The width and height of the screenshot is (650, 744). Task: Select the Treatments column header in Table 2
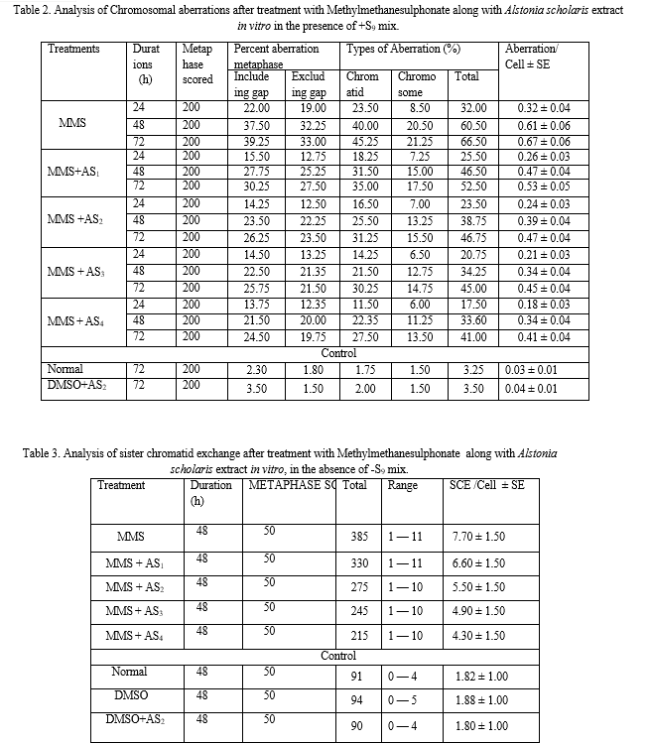pyautogui.click(x=73, y=49)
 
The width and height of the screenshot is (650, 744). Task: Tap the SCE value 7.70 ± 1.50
pyautogui.click(x=477, y=537)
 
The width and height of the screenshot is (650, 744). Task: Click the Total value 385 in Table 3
pyautogui.click(x=359, y=537)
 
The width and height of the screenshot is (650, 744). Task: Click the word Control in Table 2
pyautogui.click(x=338, y=353)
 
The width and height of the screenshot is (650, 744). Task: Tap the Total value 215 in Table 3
pyautogui.click(x=359, y=636)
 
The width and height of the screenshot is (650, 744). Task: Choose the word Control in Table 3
pyautogui.click(x=338, y=656)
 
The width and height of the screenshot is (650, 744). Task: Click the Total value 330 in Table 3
pyautogui.click(x=359, y=562)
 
